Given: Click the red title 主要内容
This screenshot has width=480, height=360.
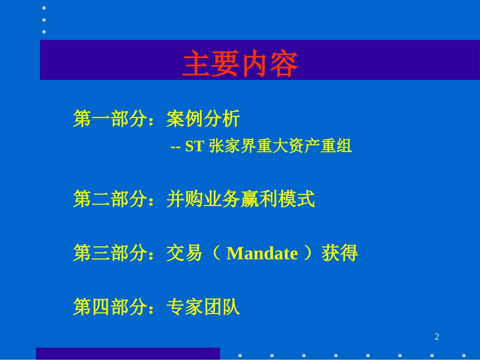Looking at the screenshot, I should [240, 64].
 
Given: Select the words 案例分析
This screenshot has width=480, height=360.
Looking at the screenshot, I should [203, 120].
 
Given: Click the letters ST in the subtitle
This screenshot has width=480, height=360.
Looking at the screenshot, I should [194, 147].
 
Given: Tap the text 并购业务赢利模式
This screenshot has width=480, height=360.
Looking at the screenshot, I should [241, 199].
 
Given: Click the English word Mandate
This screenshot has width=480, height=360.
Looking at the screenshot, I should [262, 253].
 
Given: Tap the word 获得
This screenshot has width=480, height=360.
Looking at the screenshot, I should [340, 253].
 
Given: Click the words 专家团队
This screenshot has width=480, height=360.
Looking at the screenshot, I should [203, 306].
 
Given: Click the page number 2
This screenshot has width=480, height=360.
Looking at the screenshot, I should [437, 337].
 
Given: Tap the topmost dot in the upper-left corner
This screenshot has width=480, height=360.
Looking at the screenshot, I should [44, 8].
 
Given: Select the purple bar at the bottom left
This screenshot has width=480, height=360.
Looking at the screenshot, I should [128, 353].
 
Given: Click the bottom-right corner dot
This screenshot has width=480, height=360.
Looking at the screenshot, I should [464, 355].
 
